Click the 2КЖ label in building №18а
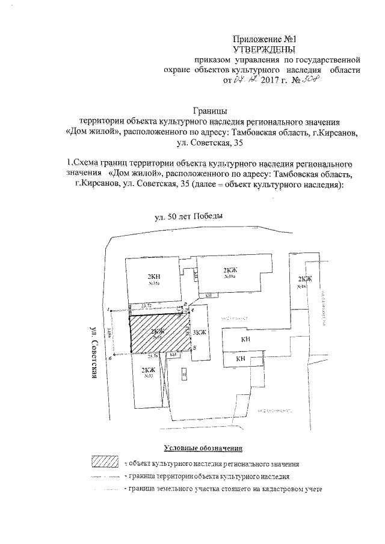coord(229,270)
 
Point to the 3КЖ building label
coord(200,332)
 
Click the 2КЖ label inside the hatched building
coord(158,331)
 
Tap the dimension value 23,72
coord(146,307)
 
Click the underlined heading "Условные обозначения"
coord(203,448)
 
